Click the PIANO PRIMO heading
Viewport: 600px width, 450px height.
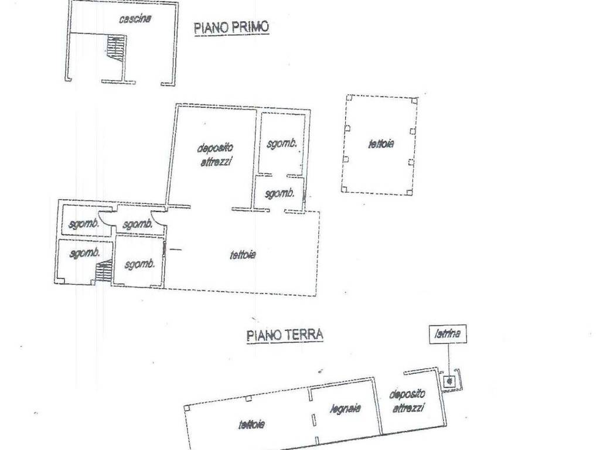[231, 28]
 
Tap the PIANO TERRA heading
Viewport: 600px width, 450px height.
[285, 335]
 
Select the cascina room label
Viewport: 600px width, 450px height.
[135, 19]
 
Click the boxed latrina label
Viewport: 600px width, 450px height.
[448, 335]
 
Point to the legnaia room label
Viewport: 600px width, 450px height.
[345, 408]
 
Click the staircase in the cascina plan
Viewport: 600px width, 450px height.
[117, 49]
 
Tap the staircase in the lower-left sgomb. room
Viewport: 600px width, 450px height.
[104, 271]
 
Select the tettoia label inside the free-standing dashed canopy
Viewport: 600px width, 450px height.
[381, 144]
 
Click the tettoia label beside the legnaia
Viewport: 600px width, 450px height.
[251, 424]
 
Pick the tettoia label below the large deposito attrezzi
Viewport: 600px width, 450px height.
[242, 255]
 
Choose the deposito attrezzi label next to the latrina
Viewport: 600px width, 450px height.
[407, 401]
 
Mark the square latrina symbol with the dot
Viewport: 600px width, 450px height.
[449, 381]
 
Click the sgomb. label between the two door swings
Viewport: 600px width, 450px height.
[138, 224]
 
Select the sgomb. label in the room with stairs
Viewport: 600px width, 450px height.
[83, 254]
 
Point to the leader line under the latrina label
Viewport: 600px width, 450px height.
[449, 357]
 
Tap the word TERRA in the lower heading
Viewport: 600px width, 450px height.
[305, 335]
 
